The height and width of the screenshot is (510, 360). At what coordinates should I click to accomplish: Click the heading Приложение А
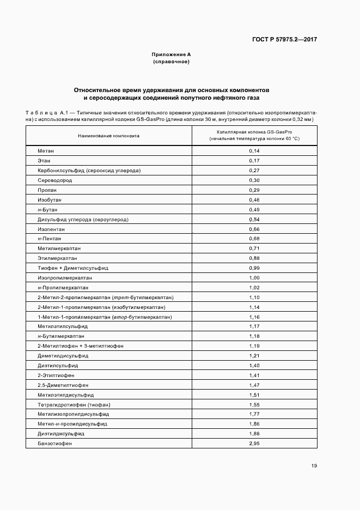(171, 54)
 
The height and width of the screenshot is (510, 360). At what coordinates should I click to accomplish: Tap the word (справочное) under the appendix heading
(171, 62)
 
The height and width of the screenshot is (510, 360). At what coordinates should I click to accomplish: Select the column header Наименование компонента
(108, 136)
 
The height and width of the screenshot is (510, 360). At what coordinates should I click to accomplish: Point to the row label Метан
(46, 150)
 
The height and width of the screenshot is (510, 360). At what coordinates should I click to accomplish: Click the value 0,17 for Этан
(254, 160)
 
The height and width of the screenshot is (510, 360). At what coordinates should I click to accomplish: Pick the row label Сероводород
(55, 180)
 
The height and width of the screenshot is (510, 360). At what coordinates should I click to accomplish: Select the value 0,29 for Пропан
(254, 190)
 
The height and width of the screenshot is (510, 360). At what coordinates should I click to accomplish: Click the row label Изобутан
(50, 199)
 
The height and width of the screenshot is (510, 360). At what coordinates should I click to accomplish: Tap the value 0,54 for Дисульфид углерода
(254, 219)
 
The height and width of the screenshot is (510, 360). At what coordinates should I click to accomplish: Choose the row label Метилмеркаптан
(59, 248)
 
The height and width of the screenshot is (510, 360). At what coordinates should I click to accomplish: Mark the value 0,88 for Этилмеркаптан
(254, 258)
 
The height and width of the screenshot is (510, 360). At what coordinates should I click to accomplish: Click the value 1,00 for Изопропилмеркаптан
(254, 278)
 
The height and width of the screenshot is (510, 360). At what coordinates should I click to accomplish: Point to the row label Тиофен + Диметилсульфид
(73, 268)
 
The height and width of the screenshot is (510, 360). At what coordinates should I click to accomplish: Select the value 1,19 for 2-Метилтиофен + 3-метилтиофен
(254, 346)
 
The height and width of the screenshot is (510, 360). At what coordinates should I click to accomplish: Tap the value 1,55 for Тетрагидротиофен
(254, 404)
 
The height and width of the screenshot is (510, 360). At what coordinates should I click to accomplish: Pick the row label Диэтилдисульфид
(61, 434)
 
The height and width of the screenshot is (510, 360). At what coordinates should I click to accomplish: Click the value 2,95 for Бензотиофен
(254, 444)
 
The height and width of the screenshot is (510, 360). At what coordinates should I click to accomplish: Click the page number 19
(314, 466)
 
